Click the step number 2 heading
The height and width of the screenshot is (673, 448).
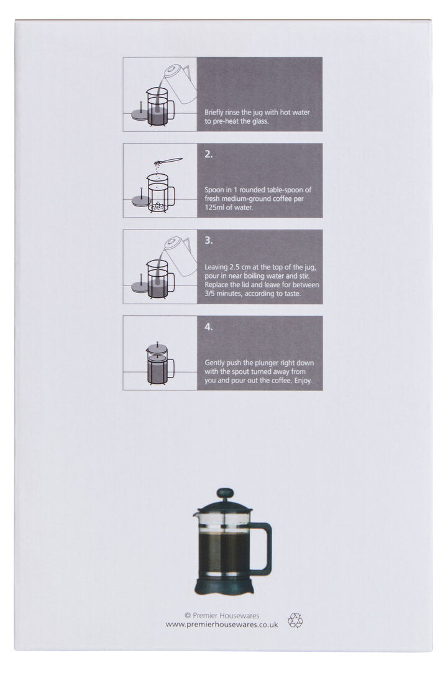pos(209,154)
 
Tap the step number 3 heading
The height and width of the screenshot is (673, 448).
pos(209,240)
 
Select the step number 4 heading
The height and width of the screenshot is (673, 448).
pos(209,326)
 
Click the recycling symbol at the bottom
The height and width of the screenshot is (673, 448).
pos(295,620)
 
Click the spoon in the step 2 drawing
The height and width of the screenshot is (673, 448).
pos(170,160)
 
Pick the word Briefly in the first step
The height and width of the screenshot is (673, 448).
pos(215,113)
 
